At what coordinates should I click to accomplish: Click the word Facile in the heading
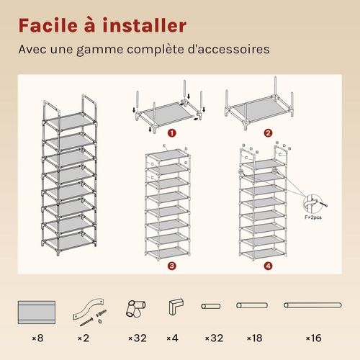48,25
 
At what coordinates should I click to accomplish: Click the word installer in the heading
145,25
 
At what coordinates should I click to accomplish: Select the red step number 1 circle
172,133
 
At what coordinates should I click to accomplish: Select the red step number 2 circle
268,133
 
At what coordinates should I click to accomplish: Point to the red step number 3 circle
172,266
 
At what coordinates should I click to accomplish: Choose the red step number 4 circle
268,266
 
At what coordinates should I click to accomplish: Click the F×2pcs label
313,217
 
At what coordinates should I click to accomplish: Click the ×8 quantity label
38,338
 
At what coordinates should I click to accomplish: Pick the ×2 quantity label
84,338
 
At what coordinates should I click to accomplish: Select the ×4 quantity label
172,338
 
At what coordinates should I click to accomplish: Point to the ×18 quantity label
254,338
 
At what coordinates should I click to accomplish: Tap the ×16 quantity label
313,338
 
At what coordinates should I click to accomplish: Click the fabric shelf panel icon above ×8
37,312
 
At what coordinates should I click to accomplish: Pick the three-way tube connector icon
136,309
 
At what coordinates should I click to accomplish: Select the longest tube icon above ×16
312,305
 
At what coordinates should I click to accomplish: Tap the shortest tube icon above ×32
211,306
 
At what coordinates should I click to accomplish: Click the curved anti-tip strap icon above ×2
89,308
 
